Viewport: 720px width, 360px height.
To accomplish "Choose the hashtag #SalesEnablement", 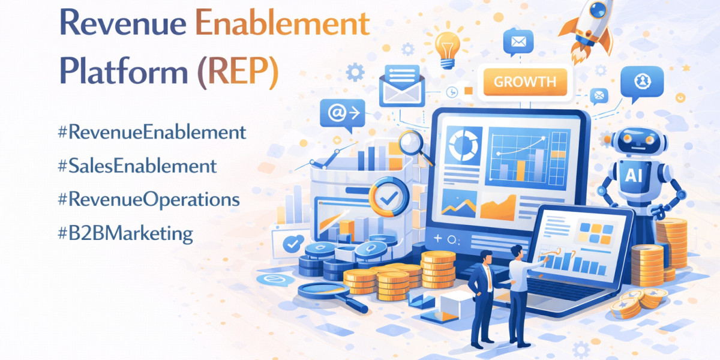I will coord(137,166).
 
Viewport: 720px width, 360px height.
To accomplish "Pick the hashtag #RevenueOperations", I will coord(148,200).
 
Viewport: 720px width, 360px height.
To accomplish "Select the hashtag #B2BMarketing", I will coord(125,233).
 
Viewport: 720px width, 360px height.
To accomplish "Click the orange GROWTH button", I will coord(524,82).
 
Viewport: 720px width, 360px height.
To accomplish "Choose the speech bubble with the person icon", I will coord(641,81).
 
